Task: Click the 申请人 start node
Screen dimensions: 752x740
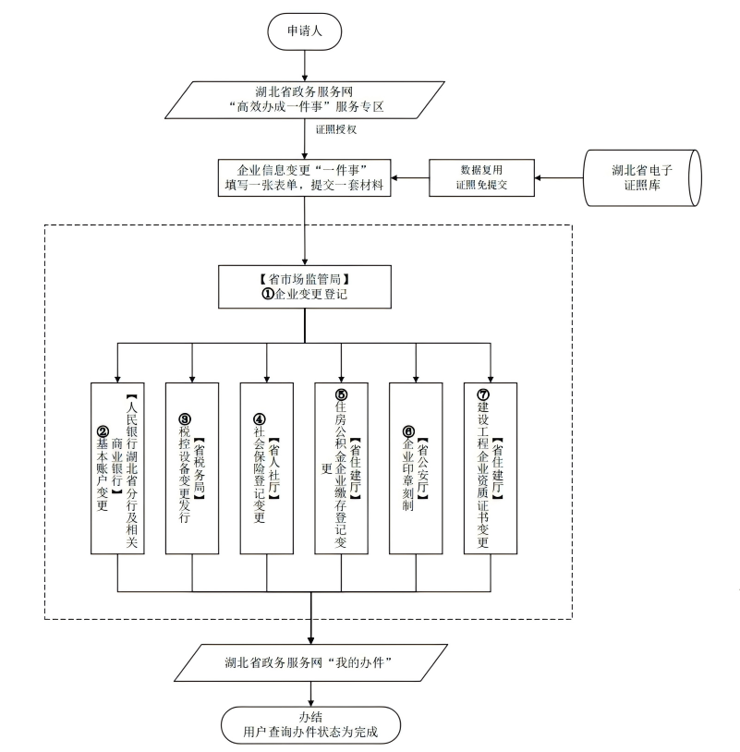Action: pos(305,30)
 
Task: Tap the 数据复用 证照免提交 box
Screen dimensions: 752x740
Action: pos(484,177)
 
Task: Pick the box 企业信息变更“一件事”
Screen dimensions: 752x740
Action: pos(305,177)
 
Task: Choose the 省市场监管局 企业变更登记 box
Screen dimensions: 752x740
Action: pos(305,286)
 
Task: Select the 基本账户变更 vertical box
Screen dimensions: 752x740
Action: pos(117,467)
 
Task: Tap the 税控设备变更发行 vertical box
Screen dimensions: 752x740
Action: pos(192,467)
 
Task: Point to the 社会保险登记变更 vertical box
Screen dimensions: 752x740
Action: pos(267,467)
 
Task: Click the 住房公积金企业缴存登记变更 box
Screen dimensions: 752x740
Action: pos(341,467)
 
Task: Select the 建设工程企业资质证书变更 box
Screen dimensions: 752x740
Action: pos(491,467)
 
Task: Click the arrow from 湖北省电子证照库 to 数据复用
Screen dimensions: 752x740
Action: pos(563,177)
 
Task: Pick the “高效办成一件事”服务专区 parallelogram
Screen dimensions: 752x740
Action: pos(306,99)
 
